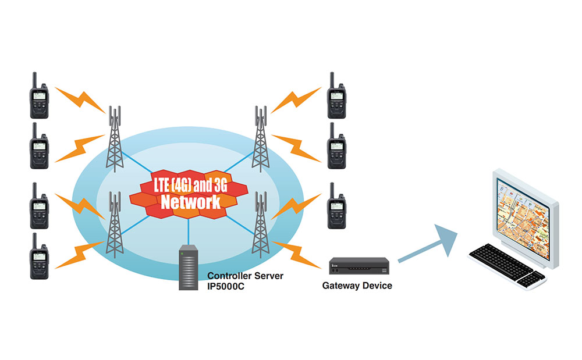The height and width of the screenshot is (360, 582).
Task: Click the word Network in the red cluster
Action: (x=191, y=202)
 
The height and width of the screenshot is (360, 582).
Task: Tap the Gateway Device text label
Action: (x=357, y=286)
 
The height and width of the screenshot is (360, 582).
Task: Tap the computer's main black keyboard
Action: (x=501, y=259)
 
